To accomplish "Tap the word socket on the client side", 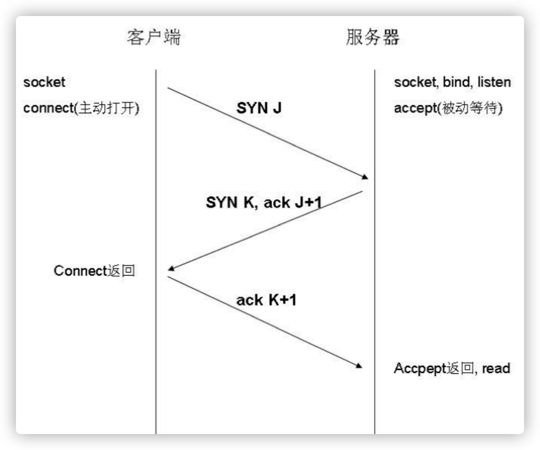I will click(x=44, y=82).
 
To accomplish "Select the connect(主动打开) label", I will click(x=81, y=108).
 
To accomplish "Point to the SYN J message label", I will click(x=259, y=108).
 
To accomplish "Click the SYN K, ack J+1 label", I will click(x=263, y=202).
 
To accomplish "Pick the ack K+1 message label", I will click(x=266, y=300).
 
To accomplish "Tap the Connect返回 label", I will click(x=94, y=271).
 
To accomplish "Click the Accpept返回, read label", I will click(x=452, y=368).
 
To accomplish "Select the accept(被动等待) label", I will click(x=448, y=108).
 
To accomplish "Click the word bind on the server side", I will click(x=457, y=82).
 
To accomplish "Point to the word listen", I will click(x=494, y=82).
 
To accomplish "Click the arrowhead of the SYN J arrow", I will click(x=365, y=177).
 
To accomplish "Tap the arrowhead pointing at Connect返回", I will click(x=172, y=268).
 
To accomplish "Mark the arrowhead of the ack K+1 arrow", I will click(x=359, y=366).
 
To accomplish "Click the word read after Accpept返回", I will click(x=496, y=368).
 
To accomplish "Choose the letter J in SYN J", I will click(x=277, y=108).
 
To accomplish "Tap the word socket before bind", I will click(x=415, y=82).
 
